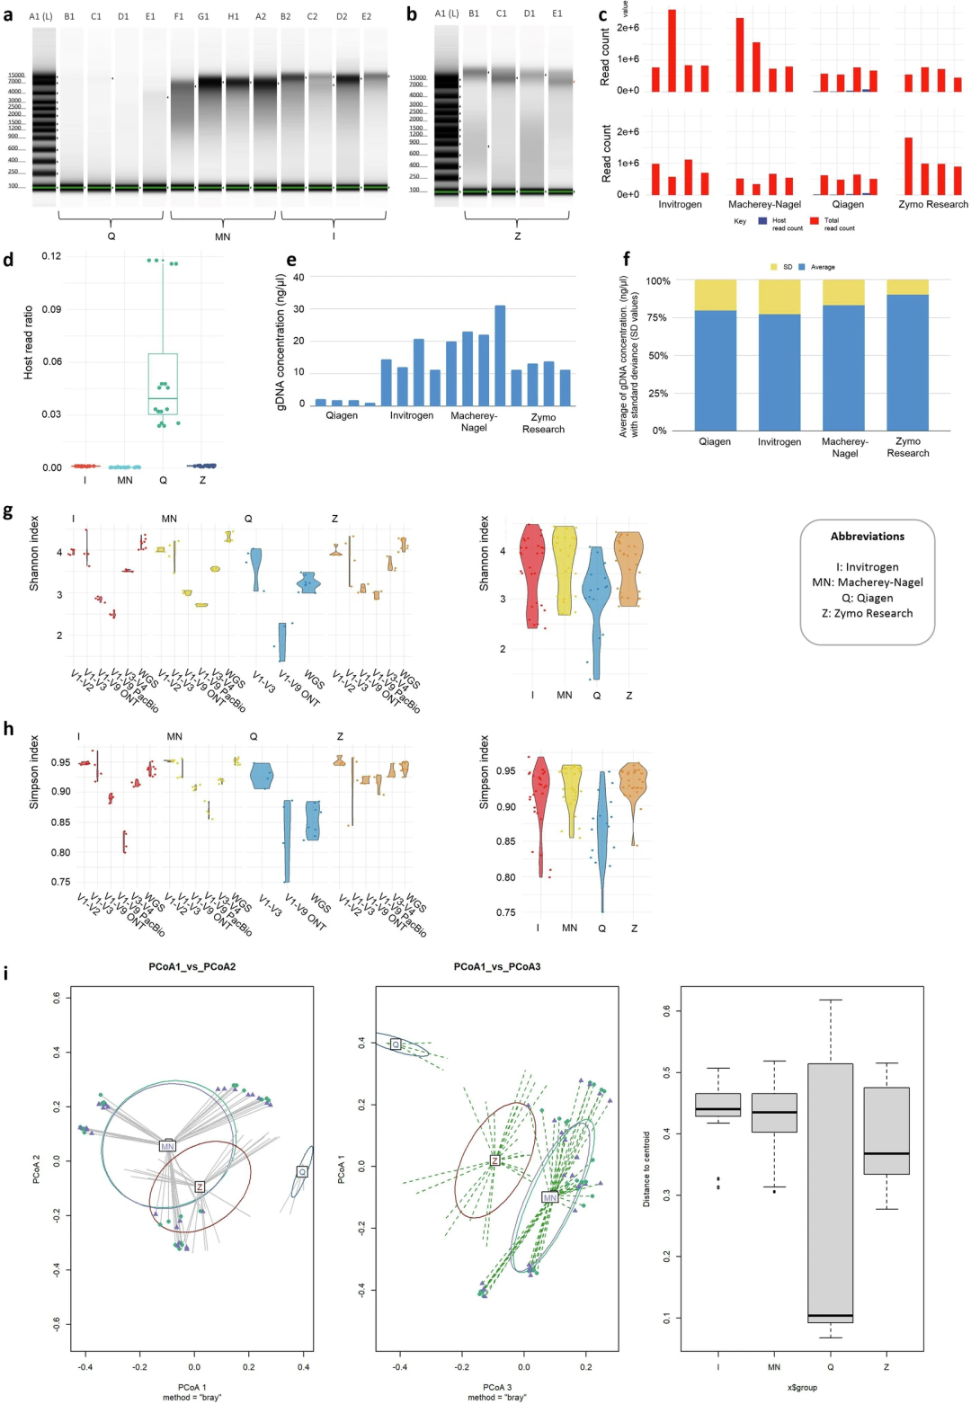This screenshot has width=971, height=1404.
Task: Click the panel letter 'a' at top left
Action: (x=8, y=14)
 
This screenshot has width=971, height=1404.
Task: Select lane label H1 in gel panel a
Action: (x=234, y=16)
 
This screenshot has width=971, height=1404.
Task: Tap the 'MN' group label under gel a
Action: (x=222, y=236)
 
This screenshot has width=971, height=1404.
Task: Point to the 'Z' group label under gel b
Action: (x=517, y=236)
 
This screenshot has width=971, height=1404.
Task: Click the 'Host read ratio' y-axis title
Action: (x=28, y=341)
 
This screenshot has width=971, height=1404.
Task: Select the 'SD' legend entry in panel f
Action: (x=782, y=267)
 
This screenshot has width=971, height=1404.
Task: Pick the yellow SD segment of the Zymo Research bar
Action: (x=908, y=287)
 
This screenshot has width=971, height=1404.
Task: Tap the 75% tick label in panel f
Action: (x=656, y=318)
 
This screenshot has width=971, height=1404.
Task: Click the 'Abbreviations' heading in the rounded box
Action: (x=868, y=537)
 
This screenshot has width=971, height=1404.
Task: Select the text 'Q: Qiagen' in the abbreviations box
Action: (x=868, y=598)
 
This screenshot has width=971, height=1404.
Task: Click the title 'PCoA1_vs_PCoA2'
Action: (x=192, y=967)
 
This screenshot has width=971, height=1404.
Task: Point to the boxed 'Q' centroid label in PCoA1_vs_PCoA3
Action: (x=396, y=1044)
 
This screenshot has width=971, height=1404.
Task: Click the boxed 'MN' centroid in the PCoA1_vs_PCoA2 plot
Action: (x=167, y=1146)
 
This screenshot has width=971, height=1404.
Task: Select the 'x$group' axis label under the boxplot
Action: (x=802, y=1387)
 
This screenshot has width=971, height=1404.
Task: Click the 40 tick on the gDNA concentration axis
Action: (x=298, y=277)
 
